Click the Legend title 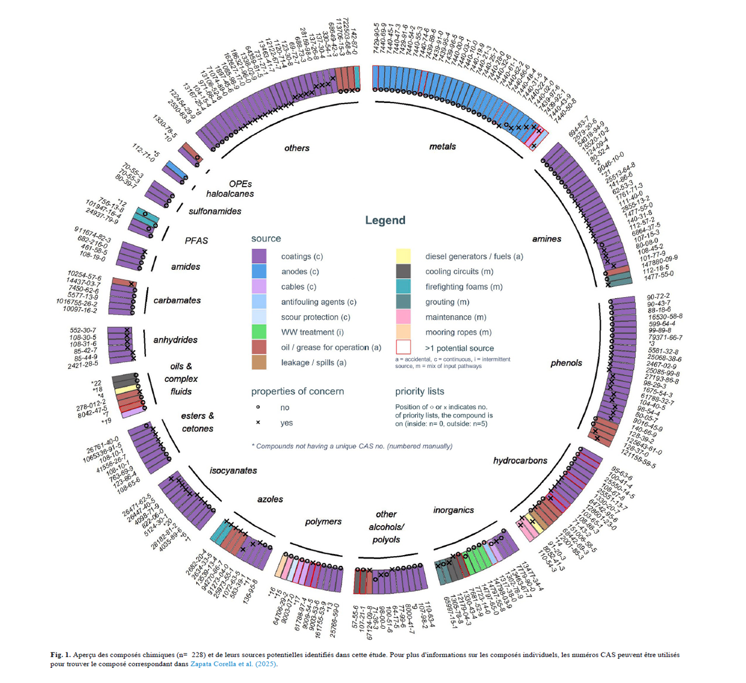385,220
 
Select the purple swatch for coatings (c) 258,256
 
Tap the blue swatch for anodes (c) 258,272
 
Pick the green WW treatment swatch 258,332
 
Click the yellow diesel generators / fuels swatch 403,256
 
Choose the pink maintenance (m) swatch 403,317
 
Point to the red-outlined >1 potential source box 403,347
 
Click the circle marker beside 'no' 258,407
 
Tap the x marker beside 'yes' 258,423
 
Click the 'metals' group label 442,147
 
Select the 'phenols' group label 566,363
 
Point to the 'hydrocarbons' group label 520,461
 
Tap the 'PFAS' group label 196,240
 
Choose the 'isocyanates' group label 233,470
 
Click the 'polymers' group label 323,521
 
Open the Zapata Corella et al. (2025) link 234,664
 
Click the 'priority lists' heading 420,391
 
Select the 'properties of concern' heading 297,391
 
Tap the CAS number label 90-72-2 658,296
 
